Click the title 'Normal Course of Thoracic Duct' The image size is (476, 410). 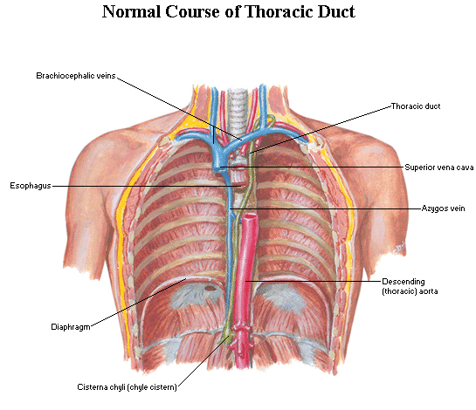click(x=228, y=11)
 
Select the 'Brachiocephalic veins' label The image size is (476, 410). click(x=76, y=76)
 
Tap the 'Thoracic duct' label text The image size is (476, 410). click(x=416, y=106)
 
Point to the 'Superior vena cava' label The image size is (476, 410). click(x=439, y=167)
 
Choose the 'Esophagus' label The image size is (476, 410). click(x=31, y=186)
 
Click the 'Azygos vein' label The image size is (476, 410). click(x=443, y=208)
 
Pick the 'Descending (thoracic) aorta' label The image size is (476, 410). click(x=410, y=286)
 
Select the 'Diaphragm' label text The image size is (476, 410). click(x=71, y=327)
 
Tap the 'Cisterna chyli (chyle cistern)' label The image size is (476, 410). click(x=127, y=387)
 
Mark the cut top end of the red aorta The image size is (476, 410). click(x=250, y=216)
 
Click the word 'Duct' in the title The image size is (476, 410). click(x=336, y=11)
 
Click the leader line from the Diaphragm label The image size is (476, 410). click(x=138, y=303)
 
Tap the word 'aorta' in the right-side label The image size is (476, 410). click(x=428, y=291)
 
